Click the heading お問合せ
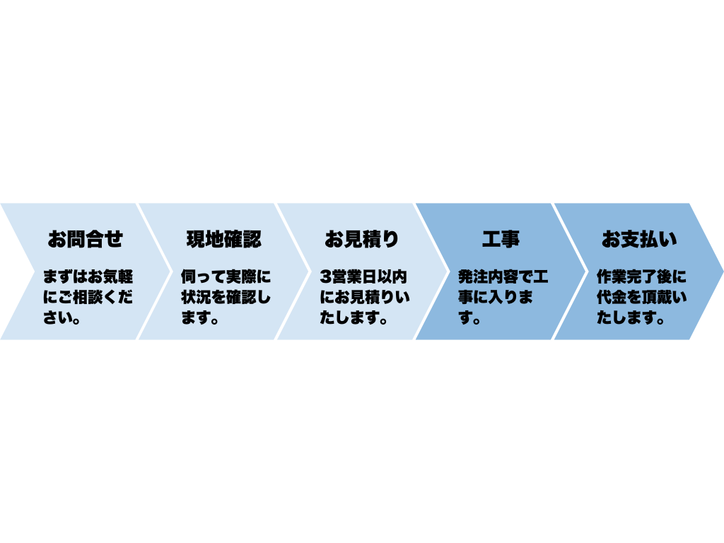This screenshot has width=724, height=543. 86,239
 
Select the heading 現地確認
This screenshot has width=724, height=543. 224,239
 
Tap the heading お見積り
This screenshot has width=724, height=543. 361,239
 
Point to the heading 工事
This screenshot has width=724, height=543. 501,239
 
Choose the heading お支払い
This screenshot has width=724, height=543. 639,239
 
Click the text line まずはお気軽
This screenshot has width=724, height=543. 88,277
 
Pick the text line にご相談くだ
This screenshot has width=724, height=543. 88,297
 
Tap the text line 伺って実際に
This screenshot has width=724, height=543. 226,277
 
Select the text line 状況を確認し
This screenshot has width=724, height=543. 226,297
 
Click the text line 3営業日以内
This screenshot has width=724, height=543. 363,277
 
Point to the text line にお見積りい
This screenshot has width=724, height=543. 365,297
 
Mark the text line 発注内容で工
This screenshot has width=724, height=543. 503,277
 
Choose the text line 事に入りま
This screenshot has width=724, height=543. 496,297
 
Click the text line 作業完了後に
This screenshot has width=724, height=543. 642,277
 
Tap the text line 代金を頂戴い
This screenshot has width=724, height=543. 642,297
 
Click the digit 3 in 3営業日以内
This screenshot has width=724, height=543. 325,277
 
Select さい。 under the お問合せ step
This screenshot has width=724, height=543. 62,317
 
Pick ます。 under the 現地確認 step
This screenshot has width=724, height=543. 200,317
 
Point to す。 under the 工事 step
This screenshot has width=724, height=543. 470,317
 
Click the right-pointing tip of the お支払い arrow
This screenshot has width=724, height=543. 723,271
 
